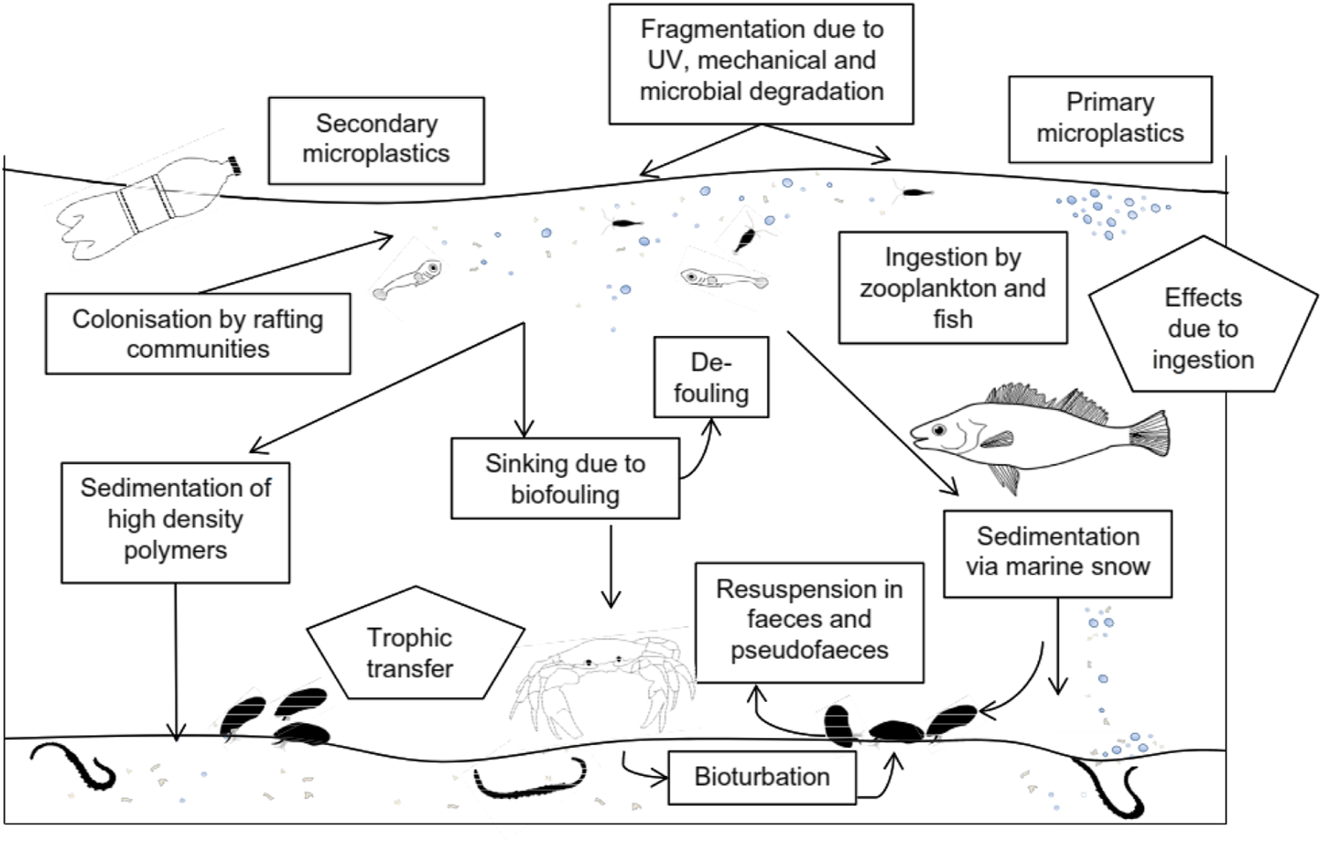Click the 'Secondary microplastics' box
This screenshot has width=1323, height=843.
click(x=376, y=140)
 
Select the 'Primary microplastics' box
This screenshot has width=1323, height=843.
click(x=1110, y=119)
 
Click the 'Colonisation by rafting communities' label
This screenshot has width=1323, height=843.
click(x=198, y=334)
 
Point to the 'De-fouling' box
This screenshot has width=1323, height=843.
click(x=711, y=377)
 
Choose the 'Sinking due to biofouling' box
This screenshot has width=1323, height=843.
click(x=564, y=479)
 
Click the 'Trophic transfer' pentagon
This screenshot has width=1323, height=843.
click(x=412, y=651)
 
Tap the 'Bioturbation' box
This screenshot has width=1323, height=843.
click(x=761, y=777)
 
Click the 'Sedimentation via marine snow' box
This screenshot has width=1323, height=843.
click(x=1058, y=553)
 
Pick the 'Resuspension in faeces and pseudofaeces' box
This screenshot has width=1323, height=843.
click(x=809, y=621)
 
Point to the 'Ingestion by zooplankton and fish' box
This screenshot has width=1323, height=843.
click(x=953, y=287)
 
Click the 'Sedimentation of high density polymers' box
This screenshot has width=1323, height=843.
click(x=176, y=522)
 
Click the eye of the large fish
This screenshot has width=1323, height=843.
click(x=939, y=430)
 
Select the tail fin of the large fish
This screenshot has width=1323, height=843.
click(x=1148, y=434)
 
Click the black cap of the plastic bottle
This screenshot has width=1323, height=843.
click(x=235, y=165)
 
